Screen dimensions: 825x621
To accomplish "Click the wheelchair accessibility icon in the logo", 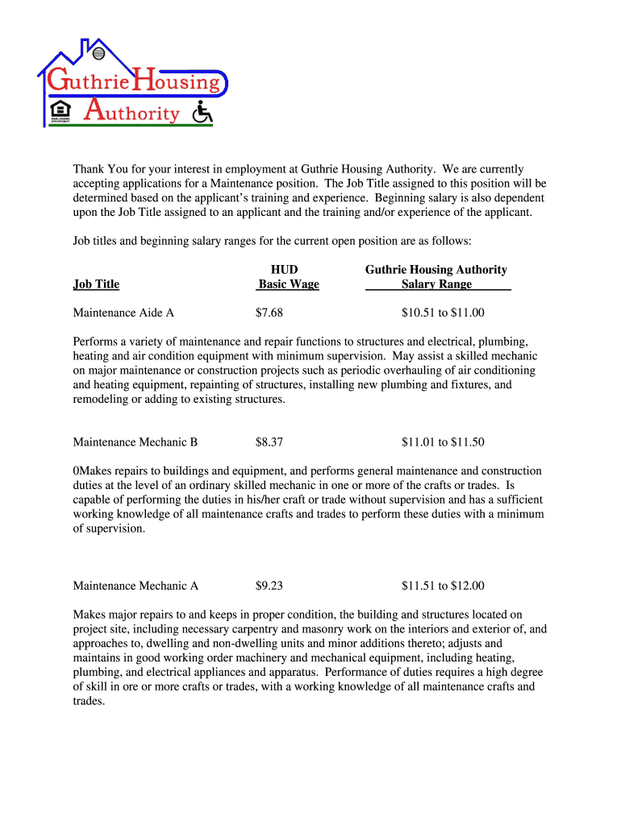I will (202, 112).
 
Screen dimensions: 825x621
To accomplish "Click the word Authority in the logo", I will (132, 112).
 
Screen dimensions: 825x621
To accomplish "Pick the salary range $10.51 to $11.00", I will (443, 313).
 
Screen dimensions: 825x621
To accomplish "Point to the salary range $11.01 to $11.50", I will (443, 442).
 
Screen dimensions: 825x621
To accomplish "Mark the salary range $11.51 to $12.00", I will (443, 586).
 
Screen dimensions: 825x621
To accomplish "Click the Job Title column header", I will (96, 284).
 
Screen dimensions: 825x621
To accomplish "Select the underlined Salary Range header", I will (437, 284).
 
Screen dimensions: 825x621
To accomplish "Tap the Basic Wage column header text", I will (288, 284).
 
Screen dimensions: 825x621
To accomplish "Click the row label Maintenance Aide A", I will (123, 313).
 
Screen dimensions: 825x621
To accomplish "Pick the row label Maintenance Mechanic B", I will (135, 442).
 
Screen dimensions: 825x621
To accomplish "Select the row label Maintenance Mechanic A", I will (135, 586).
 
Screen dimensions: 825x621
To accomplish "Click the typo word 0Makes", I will (91, 471).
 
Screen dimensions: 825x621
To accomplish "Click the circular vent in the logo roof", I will (99, 54).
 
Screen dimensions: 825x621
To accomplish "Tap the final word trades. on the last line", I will (89, 701).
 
